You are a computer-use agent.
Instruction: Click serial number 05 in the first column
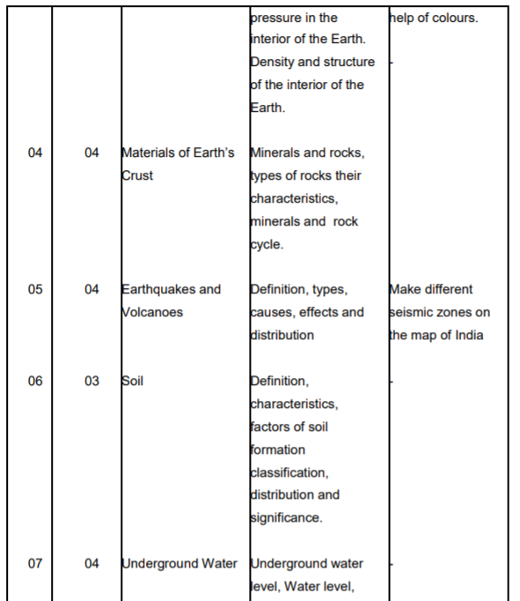[x=34, y=289]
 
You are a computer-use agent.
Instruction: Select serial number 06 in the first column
[x=34, y=381]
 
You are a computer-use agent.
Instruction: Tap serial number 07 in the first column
[x=34, y=564]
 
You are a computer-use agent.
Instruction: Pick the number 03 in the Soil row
[x=92, y=381]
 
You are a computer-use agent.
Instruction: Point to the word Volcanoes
[x=152, y=312]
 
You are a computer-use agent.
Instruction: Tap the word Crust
[x=137, y=175]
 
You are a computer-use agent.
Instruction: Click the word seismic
[x=411, y=312]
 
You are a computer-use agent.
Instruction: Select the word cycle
[x=266, y=244]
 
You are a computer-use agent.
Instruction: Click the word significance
[x=286, y=518]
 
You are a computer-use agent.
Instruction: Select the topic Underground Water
[x=179, y=564]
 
